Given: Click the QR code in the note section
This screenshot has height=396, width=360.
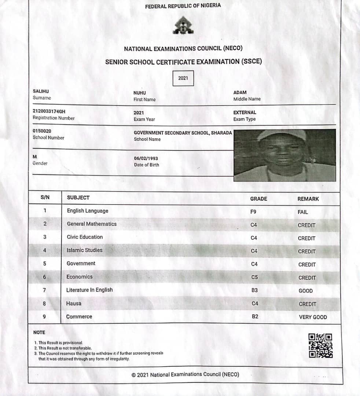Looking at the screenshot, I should click(x=320, y=345).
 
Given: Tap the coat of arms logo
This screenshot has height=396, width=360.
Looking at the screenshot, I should click(x=183, y=25).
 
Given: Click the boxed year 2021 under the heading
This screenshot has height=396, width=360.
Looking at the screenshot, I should click(x=183, y=78).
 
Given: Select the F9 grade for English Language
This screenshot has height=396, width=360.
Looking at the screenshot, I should click(x=254, y=212).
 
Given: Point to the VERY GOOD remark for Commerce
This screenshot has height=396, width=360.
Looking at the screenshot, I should click(x=313, y=317).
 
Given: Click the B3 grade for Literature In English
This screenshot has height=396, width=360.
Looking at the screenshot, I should click(x=254, y=290).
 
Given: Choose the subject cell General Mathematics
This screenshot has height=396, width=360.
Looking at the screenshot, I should click(x=92, y=224).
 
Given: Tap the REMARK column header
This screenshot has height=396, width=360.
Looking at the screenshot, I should click(x=308, y=199).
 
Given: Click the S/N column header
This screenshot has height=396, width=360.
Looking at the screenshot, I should click(x=45, y=198).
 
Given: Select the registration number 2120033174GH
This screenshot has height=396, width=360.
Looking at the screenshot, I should click(x=49, y=111).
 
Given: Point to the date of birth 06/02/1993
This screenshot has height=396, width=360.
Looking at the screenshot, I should click(x=146, y=158).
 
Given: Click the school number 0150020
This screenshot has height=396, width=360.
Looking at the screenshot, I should click(x=42, y=131).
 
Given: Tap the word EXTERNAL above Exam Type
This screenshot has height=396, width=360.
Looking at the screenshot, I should click(x=245, y=113).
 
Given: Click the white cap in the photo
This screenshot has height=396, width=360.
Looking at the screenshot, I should click(x=281, y=134).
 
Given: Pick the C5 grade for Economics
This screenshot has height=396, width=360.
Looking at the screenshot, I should click(x=254, y=277).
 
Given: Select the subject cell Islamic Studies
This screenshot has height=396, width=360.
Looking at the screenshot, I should click(x=84, y=250).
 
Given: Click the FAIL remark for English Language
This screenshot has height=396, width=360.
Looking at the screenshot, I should click(x=303, y=212).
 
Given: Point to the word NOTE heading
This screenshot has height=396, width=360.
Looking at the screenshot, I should click(x=39, y=333).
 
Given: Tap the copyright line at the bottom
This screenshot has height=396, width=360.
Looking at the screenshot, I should click(x=185, y=374).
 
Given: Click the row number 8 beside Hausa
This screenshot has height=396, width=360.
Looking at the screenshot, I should click(x=44, y=303).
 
